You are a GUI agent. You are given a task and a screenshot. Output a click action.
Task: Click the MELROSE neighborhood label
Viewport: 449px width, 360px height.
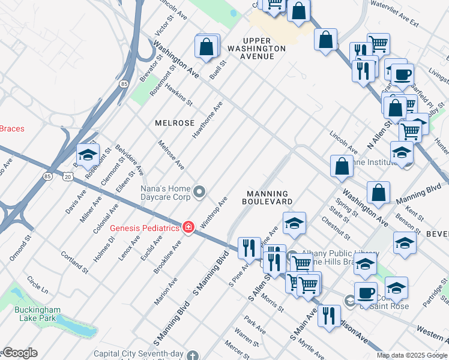coord(175,122)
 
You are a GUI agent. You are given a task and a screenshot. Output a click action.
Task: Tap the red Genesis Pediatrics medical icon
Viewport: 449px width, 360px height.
coord(188,227)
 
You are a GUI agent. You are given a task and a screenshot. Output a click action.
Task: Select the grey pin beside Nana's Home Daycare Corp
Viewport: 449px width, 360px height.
coord(200,193)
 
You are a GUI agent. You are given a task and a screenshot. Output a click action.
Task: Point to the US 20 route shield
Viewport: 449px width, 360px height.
coord(67,176)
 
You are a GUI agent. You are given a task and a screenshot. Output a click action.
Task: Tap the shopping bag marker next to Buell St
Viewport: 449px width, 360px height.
coord(206,47)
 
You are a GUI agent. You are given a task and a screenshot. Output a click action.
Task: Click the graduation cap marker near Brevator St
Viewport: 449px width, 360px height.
coord(88,155)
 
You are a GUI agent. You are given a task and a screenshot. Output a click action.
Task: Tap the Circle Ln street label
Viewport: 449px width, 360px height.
coord(37,285)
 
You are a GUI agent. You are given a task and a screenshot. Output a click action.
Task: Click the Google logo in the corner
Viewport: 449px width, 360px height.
coord(19,353)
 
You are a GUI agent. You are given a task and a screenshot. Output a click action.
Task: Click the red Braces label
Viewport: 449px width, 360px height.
coord(12,128)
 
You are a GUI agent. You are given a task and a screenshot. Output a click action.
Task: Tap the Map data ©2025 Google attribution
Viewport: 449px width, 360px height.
coord(412,355)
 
